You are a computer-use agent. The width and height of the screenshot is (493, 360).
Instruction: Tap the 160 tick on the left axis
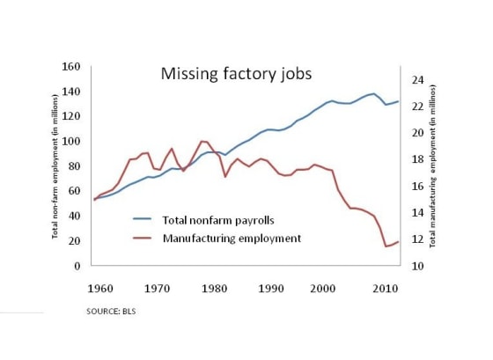73,67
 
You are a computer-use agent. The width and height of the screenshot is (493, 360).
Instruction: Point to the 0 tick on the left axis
77,266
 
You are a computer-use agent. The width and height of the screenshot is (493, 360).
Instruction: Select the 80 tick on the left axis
75,166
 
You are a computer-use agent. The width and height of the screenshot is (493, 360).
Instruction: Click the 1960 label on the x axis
102,288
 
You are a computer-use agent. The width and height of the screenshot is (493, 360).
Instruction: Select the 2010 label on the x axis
385,288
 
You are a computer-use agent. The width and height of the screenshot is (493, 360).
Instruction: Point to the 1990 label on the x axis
271,288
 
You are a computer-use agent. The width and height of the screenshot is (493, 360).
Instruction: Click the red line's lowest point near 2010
386,246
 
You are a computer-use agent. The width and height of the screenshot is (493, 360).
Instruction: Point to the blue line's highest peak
373,93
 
